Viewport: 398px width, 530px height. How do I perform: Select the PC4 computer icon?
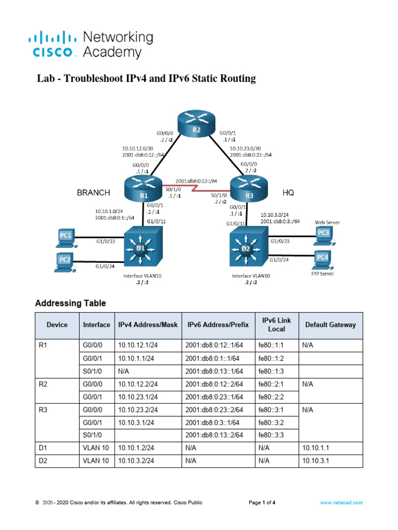[x=323, y=257]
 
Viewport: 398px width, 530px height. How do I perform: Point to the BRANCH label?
[x=93, y=193]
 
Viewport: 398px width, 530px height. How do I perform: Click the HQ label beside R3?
[x=288, y=192]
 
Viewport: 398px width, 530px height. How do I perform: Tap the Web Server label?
[x=328, y=222]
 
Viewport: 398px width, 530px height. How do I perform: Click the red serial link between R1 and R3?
[x=196, y=187]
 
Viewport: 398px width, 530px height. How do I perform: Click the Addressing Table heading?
[x=70, y=303]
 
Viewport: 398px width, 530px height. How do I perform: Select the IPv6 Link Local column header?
[x=276, y=325]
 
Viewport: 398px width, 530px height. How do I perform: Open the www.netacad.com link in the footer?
[x=341, y=502]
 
